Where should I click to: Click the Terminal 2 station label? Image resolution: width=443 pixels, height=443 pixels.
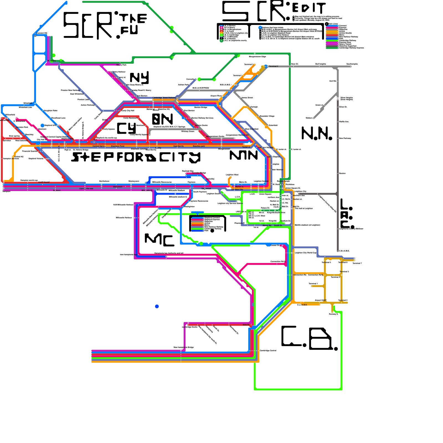click(274, 66)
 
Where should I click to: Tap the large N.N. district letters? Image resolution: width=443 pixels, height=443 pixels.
click(316, 133)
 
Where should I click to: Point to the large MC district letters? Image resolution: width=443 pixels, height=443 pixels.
click(159, 240)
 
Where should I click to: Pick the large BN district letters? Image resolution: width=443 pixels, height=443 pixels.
click(163, 119)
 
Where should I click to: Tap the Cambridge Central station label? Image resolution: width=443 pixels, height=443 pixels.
click(268, 351)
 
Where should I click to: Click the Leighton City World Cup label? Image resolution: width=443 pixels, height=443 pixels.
click(306, 253)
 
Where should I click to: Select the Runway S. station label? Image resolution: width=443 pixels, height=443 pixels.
click(333, 314)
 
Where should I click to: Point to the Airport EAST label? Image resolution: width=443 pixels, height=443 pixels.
click(321, 300)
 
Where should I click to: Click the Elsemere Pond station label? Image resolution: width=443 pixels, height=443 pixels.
click(118, 146)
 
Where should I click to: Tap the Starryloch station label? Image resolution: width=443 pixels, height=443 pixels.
click(118, 187)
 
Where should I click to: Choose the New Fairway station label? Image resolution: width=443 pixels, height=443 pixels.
click(345, 138)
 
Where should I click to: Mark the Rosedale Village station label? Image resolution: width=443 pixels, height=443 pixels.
click(267, 116)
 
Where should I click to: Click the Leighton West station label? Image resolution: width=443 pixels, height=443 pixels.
click(232, 175)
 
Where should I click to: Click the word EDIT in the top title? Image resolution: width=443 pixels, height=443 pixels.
click(309, 8)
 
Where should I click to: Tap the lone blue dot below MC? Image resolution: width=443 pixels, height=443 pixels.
click(157, 307)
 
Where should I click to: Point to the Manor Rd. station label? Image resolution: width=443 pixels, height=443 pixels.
click(267, 226)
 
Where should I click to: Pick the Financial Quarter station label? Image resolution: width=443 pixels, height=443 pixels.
click(30, 151)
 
